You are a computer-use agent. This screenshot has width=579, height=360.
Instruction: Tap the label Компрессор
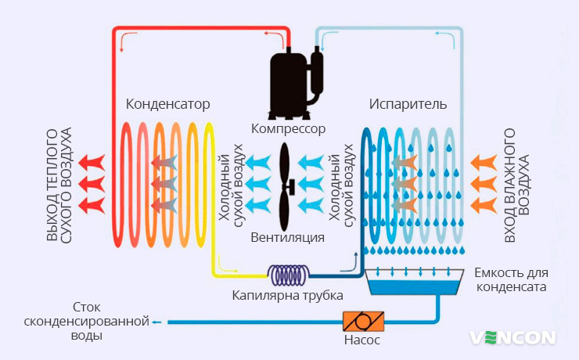(x=289, y=128)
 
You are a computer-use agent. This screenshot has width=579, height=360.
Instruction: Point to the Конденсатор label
(x=167, y=104)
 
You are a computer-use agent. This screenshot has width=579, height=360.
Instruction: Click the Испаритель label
(x=408, y=104)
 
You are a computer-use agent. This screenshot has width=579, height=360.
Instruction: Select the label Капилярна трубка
(x=288, y=295)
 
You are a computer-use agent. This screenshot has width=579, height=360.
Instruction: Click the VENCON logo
(x=512, y=338)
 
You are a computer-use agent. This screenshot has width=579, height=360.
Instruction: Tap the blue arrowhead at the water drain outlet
(x=156, y=322)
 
